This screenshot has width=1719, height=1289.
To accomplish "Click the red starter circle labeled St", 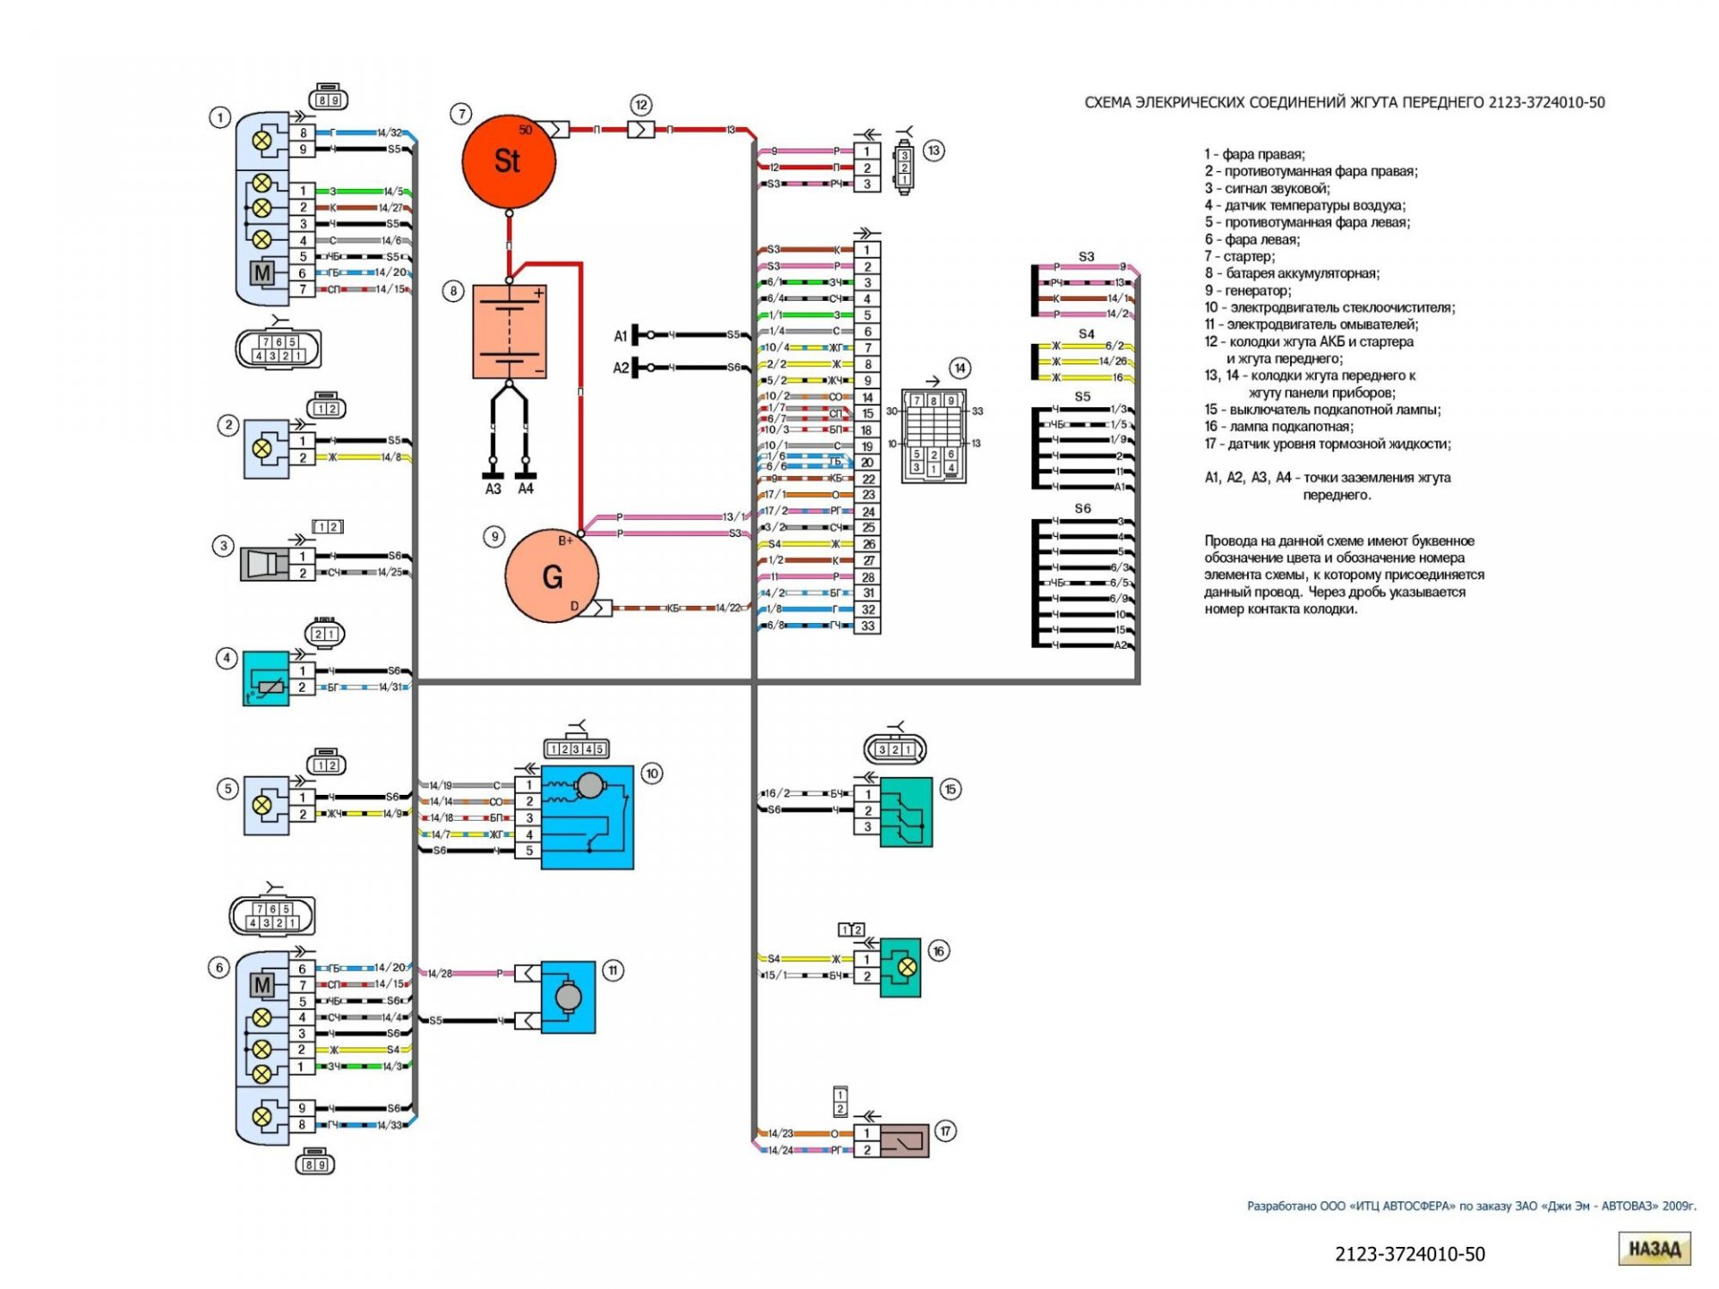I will [x=509, y=162].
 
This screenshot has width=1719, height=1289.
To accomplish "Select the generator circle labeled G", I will [x=552, y=576].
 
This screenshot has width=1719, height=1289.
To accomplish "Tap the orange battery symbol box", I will [x=509, y=332].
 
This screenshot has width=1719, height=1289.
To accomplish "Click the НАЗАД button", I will [x=1654, y=1249].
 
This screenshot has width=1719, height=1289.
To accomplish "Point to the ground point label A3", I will [x=493, y=489].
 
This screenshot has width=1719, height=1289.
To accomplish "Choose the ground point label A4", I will [x=526, y=489].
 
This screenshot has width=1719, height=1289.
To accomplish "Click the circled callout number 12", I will [x=641, y=105].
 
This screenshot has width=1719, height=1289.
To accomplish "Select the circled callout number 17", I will [x=945, y=1131].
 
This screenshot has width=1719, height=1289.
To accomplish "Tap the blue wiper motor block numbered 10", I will [x=587, y=817].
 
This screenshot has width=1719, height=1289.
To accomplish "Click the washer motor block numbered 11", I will [x=568, y=997].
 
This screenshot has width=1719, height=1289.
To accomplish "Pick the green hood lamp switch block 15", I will [x=906, y=812].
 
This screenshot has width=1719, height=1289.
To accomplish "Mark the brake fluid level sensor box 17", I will [x=904, y=1141].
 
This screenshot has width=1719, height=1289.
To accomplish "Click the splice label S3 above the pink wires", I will [x=1086, y=257].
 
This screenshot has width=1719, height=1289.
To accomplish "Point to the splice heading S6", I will [x=1082, y=508].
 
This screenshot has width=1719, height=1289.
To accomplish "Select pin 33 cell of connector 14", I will [x=867, y=626].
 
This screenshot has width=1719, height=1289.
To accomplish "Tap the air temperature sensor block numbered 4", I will [x=266, y=679].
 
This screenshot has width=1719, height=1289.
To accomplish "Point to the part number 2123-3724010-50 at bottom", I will [x=1409, y=1254].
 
